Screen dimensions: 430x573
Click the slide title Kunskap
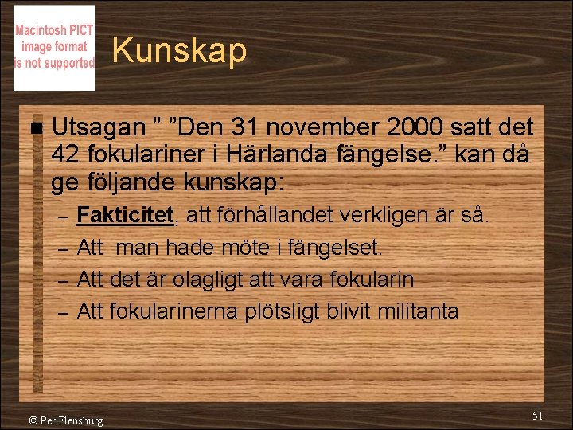(179, 51)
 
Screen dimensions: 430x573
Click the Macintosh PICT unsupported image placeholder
(54, 48)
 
